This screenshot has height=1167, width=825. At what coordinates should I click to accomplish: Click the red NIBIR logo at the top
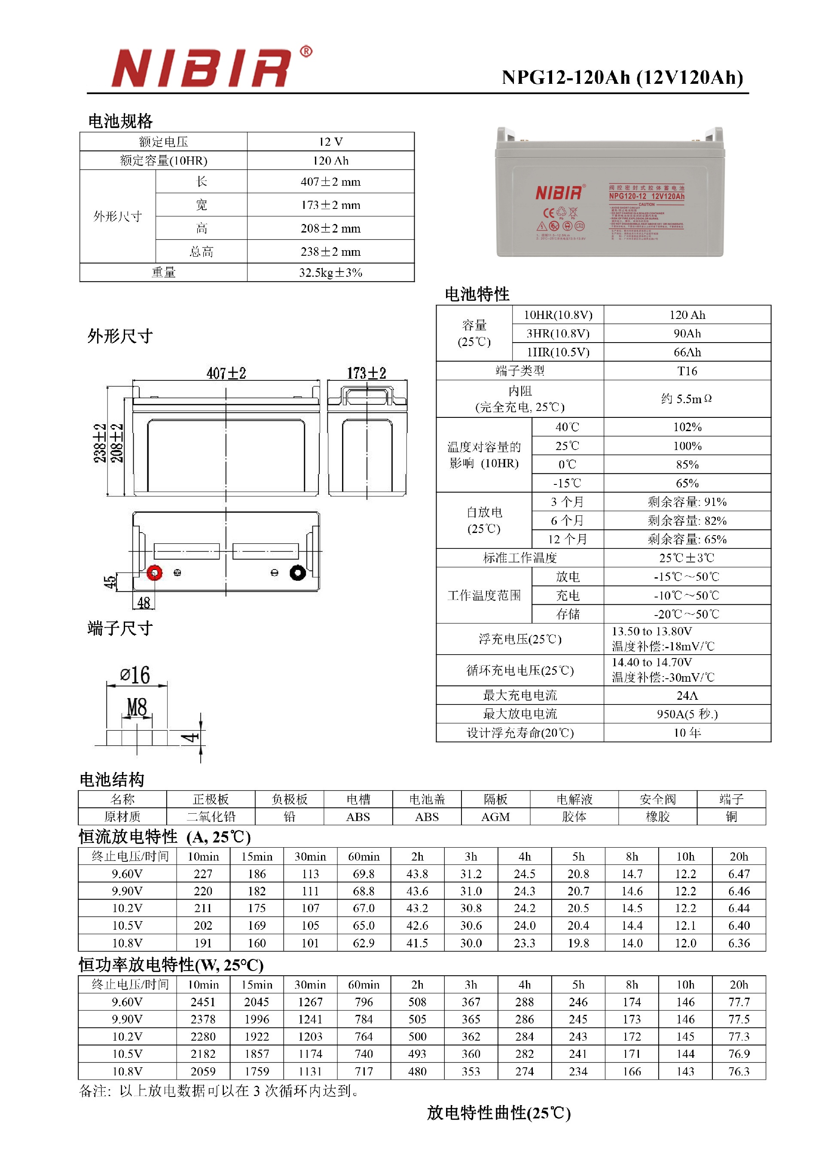pos(201,68)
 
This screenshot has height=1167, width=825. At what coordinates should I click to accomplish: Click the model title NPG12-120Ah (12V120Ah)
pos(622,77)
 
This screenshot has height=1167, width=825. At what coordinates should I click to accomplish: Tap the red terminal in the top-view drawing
pos(154,573)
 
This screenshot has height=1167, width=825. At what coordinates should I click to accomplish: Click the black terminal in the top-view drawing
pos(298,573)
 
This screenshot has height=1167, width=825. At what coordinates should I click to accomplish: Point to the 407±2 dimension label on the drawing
pos(226,374)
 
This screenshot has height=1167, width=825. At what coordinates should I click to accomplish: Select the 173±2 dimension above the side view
pos(366,374)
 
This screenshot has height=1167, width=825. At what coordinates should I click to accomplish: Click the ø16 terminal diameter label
pos(135,675)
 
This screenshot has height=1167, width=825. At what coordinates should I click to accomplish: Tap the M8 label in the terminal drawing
pos(137,707)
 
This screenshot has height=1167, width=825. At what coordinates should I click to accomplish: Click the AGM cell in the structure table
pos(495,817)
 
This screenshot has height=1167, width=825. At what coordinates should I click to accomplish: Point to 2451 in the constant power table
pos(203,1002)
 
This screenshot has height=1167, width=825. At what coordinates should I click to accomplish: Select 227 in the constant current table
pos(203,874)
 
